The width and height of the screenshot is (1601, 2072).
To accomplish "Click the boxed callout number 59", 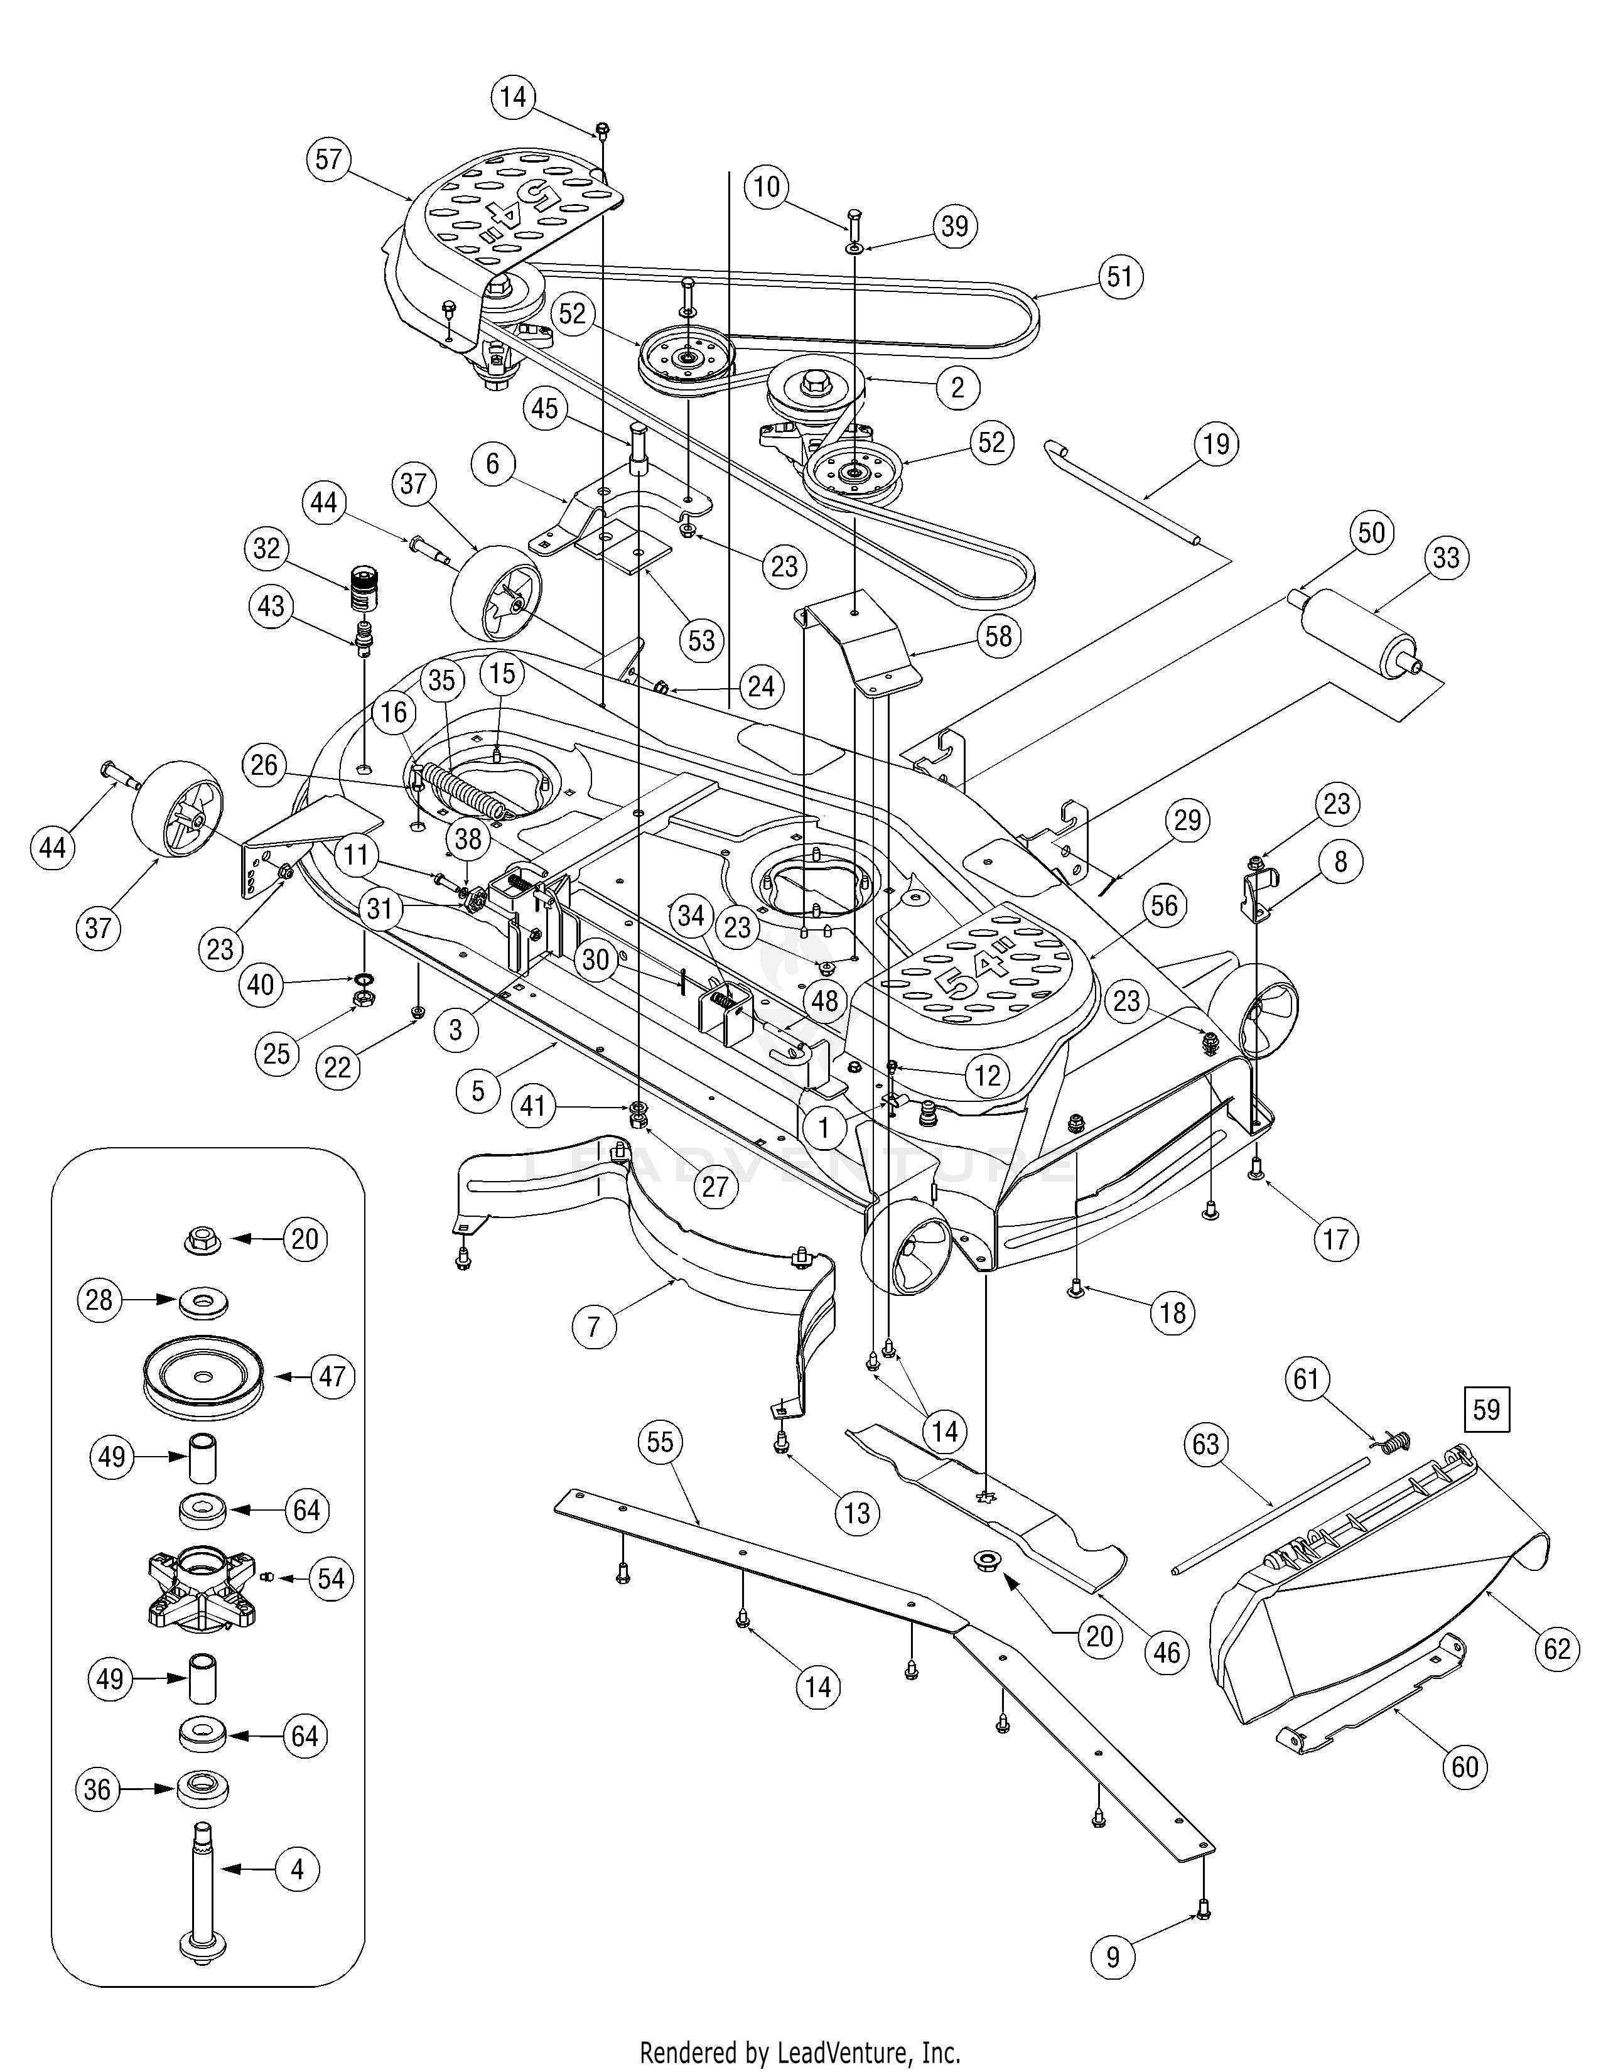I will [x=1486, y=1409].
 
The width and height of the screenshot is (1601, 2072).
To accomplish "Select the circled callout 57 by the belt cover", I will [x=328, y=158].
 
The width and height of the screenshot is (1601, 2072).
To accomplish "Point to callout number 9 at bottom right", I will [x=1113, y=1956].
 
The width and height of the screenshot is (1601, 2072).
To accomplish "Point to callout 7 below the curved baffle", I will [x=594, y=1325].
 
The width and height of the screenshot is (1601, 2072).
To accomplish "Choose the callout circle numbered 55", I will [x=659, y=1442].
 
